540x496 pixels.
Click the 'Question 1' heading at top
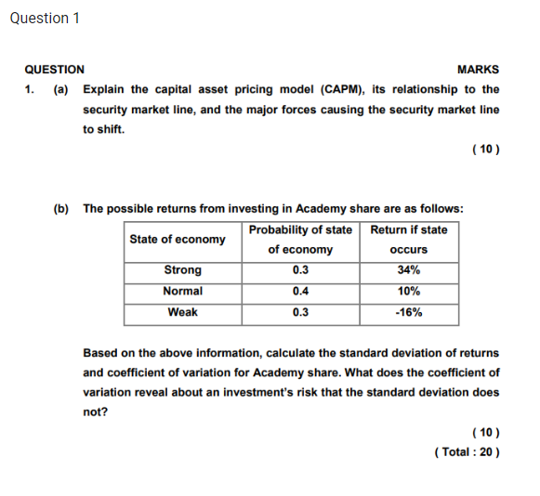coord(45,19)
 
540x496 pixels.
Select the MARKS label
coord(478,70)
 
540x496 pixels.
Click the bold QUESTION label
coord(54,70)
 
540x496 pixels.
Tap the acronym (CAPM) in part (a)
coord(341,90)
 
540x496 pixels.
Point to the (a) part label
coord(60,90)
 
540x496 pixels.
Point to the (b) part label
coord(60,209)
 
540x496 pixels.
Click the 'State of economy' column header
coord(178,240)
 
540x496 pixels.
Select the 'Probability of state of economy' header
coord(300,240)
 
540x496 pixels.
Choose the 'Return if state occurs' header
coord(408,240)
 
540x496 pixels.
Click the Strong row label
coord(182,270)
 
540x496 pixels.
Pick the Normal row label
coord(182,291)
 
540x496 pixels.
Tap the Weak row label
coord(182,312)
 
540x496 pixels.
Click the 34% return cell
coord(408,270)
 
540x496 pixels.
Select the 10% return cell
coord(408,291)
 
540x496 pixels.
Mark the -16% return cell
coord(408,312)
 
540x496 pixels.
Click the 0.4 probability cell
coord(300,291)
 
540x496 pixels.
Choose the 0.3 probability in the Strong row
coord(300,270)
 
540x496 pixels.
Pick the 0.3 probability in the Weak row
coord(300,312)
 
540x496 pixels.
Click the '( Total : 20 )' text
coord(467,452)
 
